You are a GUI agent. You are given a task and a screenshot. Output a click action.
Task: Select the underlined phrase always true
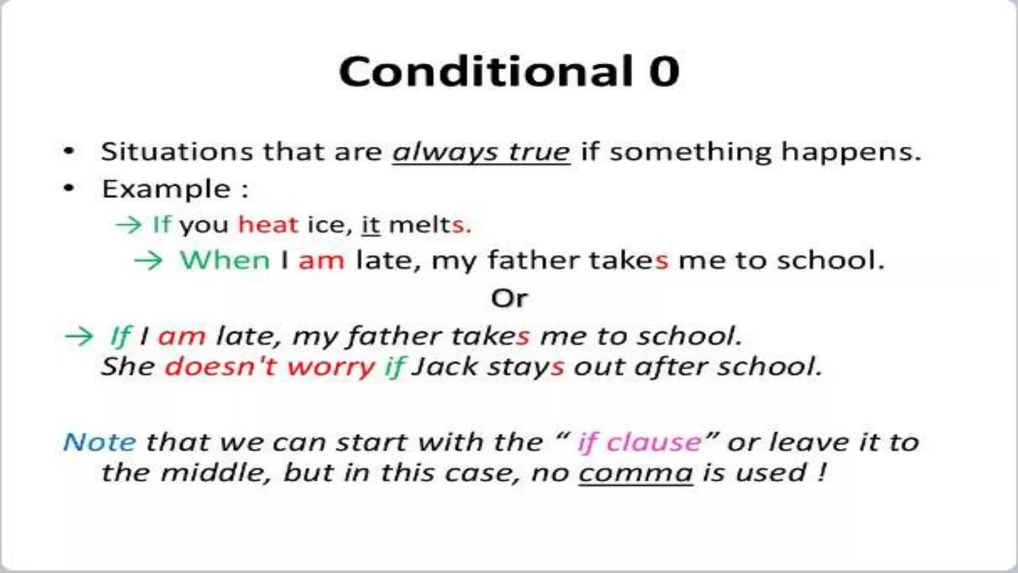[481, 152]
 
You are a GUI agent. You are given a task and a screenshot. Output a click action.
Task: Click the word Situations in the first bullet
[176, 151]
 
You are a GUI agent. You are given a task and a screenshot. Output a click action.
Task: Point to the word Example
[166, 190]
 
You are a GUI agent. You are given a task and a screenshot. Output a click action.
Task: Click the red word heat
[268, 225]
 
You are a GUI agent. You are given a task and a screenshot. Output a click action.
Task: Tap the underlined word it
[371, 225]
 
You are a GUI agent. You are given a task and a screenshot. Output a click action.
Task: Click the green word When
[225, 260]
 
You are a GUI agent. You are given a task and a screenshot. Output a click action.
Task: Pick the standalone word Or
[509, 298]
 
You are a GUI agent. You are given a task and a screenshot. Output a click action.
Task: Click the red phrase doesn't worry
[269, 367]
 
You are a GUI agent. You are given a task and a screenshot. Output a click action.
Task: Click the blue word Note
[99, 442]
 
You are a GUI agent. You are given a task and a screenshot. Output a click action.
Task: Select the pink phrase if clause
[639, 442]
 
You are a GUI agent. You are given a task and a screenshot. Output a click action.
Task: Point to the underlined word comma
[636, 473]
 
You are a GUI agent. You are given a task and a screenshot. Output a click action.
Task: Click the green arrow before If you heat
[128, 225]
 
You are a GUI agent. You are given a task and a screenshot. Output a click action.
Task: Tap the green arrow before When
[148, 261]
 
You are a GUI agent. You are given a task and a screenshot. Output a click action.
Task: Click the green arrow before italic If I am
[79, 336]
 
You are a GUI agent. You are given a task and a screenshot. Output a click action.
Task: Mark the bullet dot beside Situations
[69, 151]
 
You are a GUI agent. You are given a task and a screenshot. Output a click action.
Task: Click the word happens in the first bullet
[850, 152]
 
